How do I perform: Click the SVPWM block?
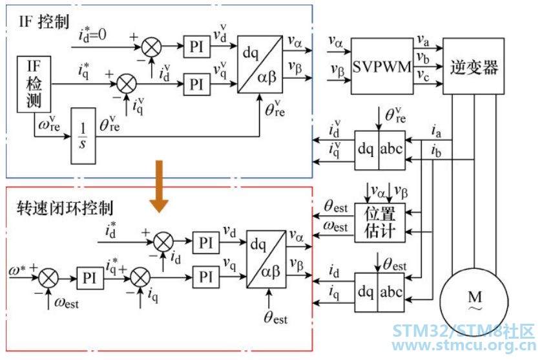coord(382,66)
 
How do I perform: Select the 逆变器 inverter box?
coord(474,66)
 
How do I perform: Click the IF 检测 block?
coord(34,84)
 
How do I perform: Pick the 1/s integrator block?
coord(83,136)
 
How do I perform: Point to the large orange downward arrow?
coord(159,186)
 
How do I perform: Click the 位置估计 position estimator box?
coord(380,222)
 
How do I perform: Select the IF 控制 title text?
coord(44,21)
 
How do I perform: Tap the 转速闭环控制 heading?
coord(65,208)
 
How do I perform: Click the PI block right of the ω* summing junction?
coord(90,278)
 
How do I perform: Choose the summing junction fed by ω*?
coord(48,278)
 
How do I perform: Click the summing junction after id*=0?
coord(151,47)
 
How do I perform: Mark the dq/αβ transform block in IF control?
coord(260,64)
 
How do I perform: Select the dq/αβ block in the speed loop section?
coord(266,259)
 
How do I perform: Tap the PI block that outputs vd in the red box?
coord(206,243)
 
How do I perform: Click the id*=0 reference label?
coord(92,35)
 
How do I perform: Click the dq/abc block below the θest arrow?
coord(380,292)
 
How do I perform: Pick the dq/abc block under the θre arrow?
coord(380,150)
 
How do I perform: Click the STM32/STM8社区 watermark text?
coord(464,331)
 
